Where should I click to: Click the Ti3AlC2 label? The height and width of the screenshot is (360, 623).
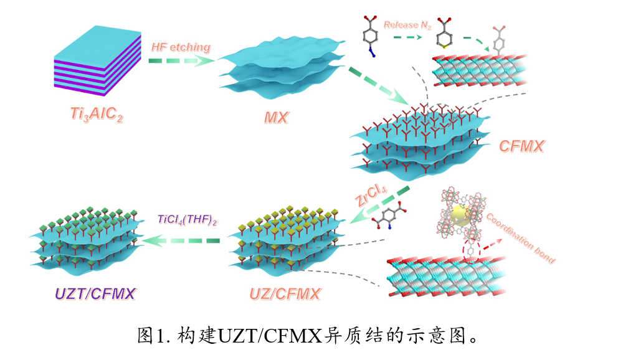pos(96,114)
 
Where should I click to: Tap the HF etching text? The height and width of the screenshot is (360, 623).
pos(181,47)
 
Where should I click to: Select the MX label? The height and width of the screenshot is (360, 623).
pos(275,117)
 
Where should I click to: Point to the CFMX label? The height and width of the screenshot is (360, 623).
pos(521,146)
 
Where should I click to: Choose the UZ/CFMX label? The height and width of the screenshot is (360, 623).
pos(285,293)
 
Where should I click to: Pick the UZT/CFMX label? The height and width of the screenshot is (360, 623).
pos(95,293)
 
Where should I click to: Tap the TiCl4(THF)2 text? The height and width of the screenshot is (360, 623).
pos(187,219)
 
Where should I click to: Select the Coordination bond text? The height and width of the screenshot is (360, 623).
pos(520,237)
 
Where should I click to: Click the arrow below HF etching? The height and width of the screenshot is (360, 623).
pos(181,60)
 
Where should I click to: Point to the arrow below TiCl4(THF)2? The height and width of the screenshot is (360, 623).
pos(182,240)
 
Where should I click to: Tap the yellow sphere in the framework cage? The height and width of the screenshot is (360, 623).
pos(460,215)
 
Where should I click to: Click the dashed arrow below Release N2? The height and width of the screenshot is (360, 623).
pos(407,37)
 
